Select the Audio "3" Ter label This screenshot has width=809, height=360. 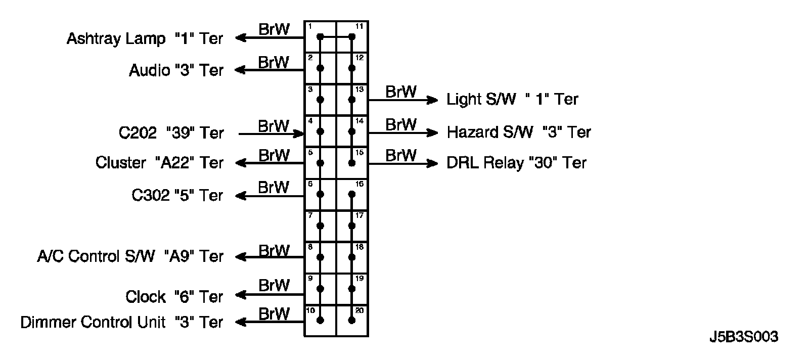click(176, 70)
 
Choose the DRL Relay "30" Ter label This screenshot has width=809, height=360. click(516, 163)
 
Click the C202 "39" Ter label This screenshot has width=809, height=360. click(171, 133)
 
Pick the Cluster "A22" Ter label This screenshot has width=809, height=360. click(159, 163)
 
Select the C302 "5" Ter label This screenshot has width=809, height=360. click(177, 195)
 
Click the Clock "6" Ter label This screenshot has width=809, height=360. click(174, 296)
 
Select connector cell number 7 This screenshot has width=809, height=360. click(320, 226)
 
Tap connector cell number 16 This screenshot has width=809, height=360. click(352, 195)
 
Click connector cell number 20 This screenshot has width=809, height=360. click(352, 320)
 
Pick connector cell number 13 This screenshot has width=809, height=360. click(352, 100)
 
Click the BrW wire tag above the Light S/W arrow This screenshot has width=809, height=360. click(401, 92)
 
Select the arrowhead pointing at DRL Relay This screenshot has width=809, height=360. click(433, 163)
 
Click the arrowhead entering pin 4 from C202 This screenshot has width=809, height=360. click(299, 133)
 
